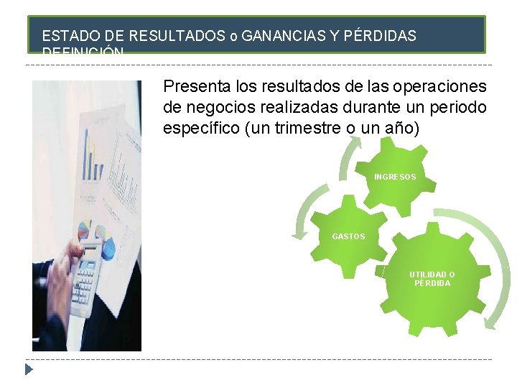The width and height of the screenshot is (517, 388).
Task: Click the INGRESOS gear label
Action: (x=394, y=177)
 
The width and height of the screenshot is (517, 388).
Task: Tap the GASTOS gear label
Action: (x=348, y=236)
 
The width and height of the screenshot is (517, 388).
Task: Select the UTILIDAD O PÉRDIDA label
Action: (x=432, y=279)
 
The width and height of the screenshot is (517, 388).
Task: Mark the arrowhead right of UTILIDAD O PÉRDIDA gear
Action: (x=489, y=323)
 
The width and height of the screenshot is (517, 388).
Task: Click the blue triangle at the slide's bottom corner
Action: (x=29, y=370)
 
